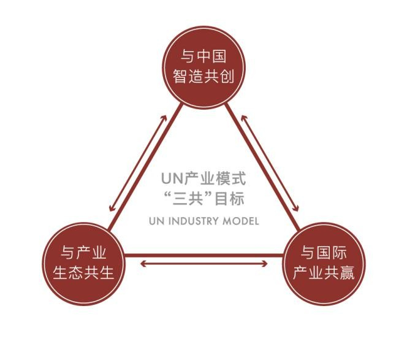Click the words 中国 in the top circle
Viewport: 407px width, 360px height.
[212, 57]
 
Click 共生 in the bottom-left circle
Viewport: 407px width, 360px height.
[99, 273]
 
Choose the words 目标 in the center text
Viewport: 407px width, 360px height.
[234, 199]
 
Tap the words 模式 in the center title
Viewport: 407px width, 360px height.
[232, 179]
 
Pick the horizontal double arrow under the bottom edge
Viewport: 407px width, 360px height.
[203, 264]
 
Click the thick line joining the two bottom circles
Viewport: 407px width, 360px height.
[203, 253]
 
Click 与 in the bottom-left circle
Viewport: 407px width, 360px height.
[69, 252]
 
